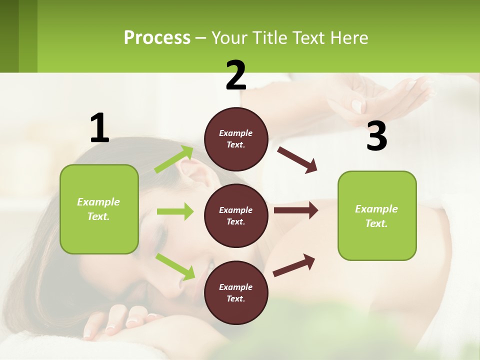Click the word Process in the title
click(x=157, y=38)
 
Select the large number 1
click(x=99, y=128)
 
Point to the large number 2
click(x=236, y=76)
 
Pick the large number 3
click(x=376, y=136)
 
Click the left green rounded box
click(x=99, y=209)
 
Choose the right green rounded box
click(x=377, y=215)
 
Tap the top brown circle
click(x=236, y=139)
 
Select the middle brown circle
click(x=236, y=215)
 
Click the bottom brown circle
click(x=236, y=292)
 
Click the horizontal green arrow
click(x=174, y=212)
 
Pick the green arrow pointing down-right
click(x=175, y=266)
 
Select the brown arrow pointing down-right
click(x=297, y=160)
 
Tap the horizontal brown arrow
click(x=295, y=210)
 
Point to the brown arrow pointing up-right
click(x=294, y=265)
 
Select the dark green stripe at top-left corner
click(x=9, y=36)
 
